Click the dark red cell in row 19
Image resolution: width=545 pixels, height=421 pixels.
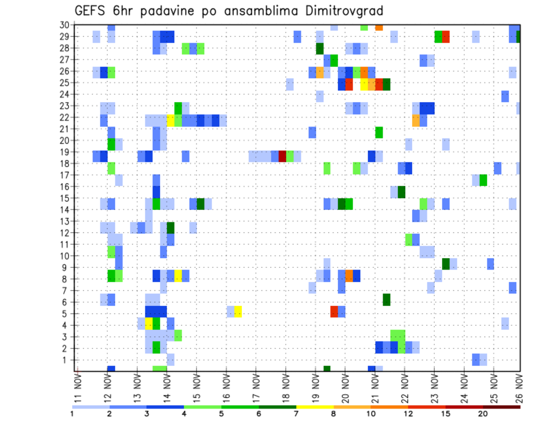click(282, 156)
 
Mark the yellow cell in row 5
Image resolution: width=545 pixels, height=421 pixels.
click(238, 311)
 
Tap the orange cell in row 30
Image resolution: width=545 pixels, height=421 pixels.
click(379, 27)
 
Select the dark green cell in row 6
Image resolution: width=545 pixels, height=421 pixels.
click(386, 300)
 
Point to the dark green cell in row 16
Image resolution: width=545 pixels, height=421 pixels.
click(401, 192)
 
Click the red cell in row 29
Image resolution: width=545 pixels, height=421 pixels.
click(446, 37)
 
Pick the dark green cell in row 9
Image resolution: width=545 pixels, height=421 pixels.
click(446, 263)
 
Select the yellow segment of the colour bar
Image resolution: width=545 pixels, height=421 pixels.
click(315, 407)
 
